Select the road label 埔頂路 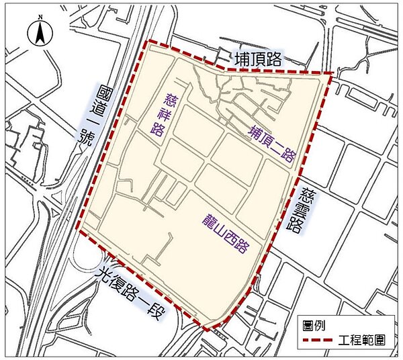tap(257, 59)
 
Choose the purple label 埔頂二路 tap(273, 142)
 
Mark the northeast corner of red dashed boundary tap(332, 73)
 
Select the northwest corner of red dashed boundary tap(148, 41)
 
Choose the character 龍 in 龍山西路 tap(210, 220)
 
